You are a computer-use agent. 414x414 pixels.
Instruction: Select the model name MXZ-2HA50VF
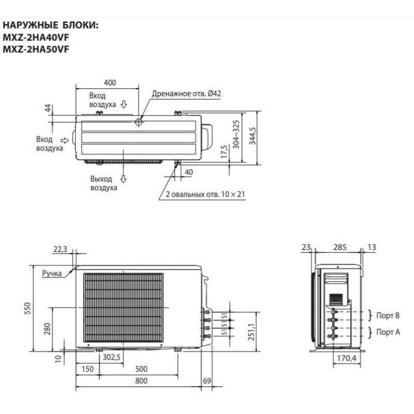point(36,49)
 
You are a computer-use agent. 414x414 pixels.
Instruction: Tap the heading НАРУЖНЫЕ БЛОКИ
point(51,25)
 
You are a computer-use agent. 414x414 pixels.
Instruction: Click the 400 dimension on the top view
point(110,82)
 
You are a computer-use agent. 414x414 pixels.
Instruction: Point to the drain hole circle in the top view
point(139,122)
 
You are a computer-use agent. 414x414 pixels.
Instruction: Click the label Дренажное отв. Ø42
point(186,94)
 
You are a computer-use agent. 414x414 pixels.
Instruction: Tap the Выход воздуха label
point(103,183)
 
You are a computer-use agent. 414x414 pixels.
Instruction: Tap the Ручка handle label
point(52,272)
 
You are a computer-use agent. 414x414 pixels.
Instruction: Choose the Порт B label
point(388,315)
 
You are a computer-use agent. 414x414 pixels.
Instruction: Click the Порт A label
point(388,332)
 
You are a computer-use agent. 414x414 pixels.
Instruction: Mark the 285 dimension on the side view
point(339,248)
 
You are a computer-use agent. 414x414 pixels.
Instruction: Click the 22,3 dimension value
point(61,249)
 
